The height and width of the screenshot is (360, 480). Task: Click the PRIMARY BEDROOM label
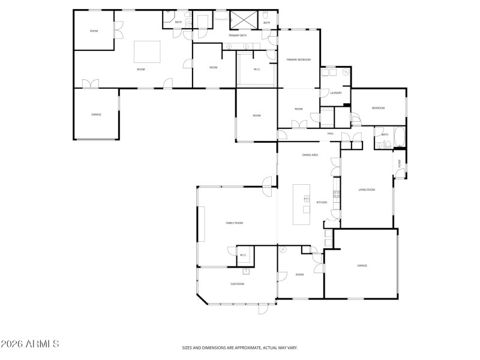pos(298,59)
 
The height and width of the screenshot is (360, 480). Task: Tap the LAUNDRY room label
pos(336,92)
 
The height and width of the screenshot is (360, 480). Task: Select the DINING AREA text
pos(310,155)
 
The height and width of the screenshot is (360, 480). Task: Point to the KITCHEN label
pos(322,202)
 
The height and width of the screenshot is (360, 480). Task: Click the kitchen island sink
pos(307,198)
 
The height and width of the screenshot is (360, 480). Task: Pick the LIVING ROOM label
pos(367,190)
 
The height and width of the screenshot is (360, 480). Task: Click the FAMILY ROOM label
pos(234,223)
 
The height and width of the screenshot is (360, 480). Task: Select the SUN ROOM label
pos(238,284)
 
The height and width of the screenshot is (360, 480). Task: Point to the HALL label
pos(330,133)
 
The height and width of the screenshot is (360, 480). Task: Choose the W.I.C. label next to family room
pos(244,255)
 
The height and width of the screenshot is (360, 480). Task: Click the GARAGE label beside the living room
pos(362,265)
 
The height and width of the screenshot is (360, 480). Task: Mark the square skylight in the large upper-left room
pos(147,52)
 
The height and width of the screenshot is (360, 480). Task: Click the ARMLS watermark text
pos(30,344)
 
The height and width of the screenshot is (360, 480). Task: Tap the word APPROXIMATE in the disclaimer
pos(240,347)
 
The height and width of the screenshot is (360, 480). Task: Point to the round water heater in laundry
pos(346,71)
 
